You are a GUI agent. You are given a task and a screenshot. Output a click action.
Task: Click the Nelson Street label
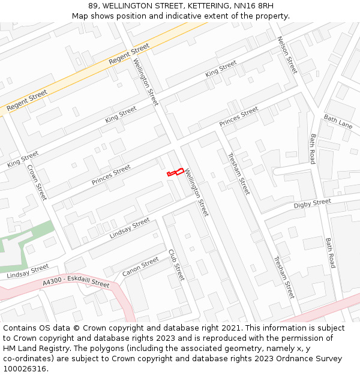tap(287, 55)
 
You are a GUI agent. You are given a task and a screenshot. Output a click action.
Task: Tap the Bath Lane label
tap(338, 121)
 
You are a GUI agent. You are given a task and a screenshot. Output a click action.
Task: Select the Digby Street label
tap(312, 204)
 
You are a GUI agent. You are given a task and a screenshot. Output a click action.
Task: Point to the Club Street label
tap(176, 265)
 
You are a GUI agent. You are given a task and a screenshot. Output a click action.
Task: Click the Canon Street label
tap(140, 267)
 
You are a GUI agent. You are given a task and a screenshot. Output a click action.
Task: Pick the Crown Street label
tap(37, 182)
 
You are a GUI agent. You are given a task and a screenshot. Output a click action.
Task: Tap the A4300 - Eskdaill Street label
tap(76, 283)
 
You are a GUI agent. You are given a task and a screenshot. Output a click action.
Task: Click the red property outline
tap(175, 173)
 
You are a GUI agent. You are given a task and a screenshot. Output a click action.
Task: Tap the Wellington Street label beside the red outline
tap(197, 191)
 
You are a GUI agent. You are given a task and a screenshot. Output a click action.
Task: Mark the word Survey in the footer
tap(327, 359)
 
